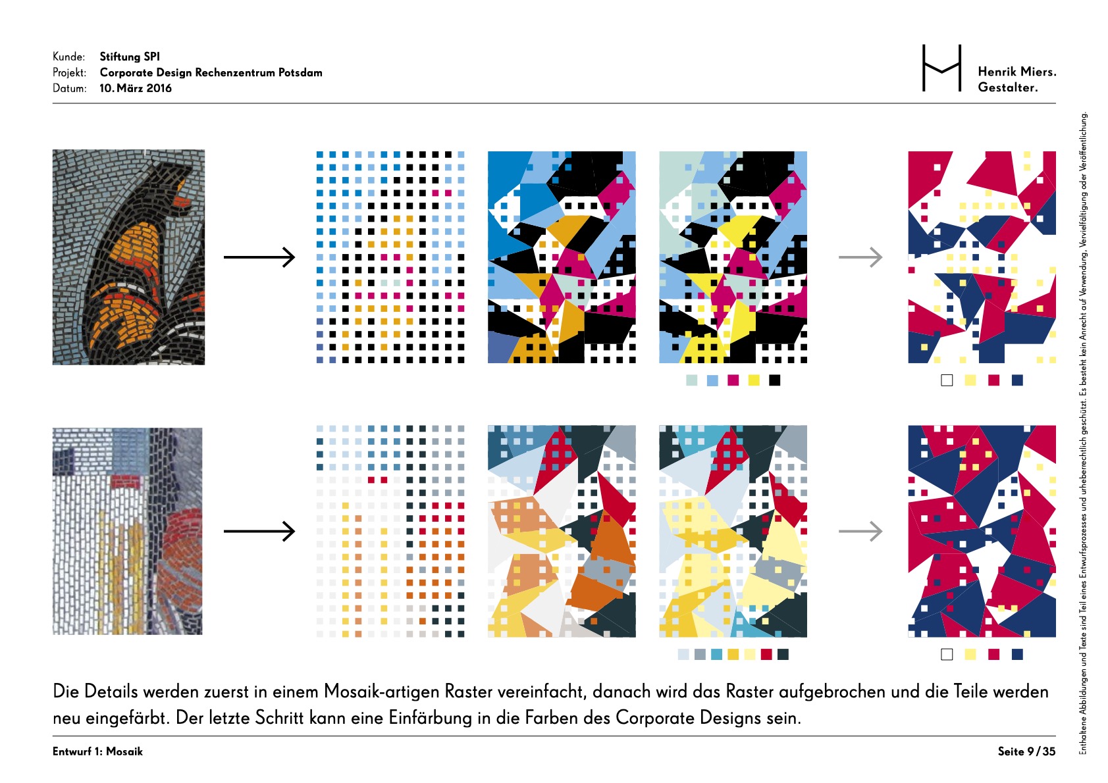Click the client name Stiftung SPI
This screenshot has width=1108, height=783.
[130, 57]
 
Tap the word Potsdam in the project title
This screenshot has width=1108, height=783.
[300, 72]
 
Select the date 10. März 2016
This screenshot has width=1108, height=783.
[136, 88]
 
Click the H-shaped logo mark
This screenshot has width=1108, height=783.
[942, 68]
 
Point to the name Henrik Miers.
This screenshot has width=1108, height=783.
[1017, 72]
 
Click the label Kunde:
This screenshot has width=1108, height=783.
[68, 57]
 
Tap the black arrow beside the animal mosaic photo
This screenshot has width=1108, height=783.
[259, 257]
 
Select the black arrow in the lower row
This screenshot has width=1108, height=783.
[259, 532]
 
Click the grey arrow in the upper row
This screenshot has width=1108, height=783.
[860, 257]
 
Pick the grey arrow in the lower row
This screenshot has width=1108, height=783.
[860, 532]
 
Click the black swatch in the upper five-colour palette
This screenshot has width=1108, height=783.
[775, 380]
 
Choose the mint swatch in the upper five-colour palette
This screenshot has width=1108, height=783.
[691, 380]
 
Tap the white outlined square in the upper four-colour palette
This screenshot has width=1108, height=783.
[947, 380]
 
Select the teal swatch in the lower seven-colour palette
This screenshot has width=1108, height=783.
[716, 655]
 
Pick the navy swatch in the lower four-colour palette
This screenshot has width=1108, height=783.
[1017, 655]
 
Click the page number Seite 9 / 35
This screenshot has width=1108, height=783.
[1026, 751]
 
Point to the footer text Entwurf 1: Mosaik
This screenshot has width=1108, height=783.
[97, 751]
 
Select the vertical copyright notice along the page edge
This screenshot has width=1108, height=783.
[1083, 433]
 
